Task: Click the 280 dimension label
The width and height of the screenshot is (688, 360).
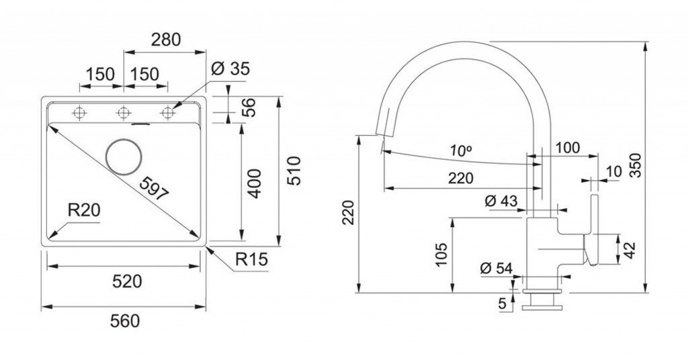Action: tap(166, 40)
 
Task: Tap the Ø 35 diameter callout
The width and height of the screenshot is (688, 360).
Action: tap(230, 69)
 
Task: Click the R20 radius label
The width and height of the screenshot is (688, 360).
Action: tap(84, 211)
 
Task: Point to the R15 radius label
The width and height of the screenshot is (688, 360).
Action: tap(251, 259)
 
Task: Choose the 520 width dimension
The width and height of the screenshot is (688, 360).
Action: tap(127, 281)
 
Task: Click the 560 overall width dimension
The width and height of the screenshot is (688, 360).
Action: tap(124, 322)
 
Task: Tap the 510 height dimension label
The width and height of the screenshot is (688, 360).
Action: tap(294, 171)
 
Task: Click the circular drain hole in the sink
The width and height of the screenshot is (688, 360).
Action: tap(124, 156)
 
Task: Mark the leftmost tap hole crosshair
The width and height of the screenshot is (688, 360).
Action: tap(79, 113)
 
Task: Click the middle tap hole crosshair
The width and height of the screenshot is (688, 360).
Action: tap(124, 113)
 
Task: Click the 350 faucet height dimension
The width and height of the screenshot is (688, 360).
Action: tap(637, 165)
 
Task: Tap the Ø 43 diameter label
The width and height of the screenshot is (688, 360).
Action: tap(501, 201)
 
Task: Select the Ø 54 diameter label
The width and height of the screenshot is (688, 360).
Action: tap(497, 268)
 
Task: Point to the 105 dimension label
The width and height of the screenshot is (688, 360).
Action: tap(441, 255)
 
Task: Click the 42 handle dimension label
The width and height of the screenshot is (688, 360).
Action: tap(630, 251)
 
